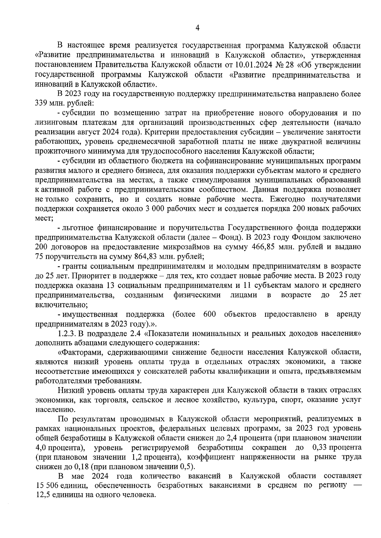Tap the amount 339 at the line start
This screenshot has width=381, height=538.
click(x=41, y=103)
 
